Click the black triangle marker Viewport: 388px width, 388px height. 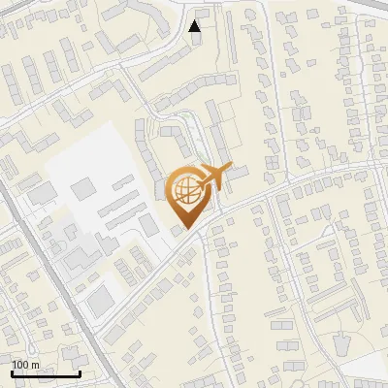point(195,26)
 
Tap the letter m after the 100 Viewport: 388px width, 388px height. point(35,365)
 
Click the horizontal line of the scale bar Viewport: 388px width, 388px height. point(46,373)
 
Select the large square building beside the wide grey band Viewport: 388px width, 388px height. point(101,303)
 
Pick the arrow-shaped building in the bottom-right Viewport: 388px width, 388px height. point(341,343)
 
